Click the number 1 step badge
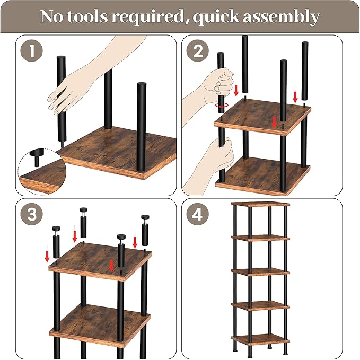pyautogui.click(x=32, y=50)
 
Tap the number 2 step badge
pyautogui.click(x=197, y=50)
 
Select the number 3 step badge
pyautogui.click(x=32, y=214)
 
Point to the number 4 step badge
pyautogui.click(x=197, y=214)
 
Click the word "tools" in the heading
pyautogui.click(x=87, y=16)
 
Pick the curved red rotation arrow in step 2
pyautogui.click(x=222, y=106)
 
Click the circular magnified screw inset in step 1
pyautogui.click(x=42, y=171)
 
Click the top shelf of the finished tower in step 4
pyautogui.click(x=260, y=204)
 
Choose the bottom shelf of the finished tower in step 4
pyautogui.click(x=260, y=339)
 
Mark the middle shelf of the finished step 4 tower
pyautogui.click(x=260, y=272)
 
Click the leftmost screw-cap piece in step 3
pyautogui.click(x=56, y=242)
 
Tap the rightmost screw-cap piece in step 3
pyautogui.click(x=145, y=230)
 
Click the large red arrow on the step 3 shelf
pyautogui.click(x=111, y=266)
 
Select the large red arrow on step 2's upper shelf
pyautogui.click(x=274, y=122)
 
